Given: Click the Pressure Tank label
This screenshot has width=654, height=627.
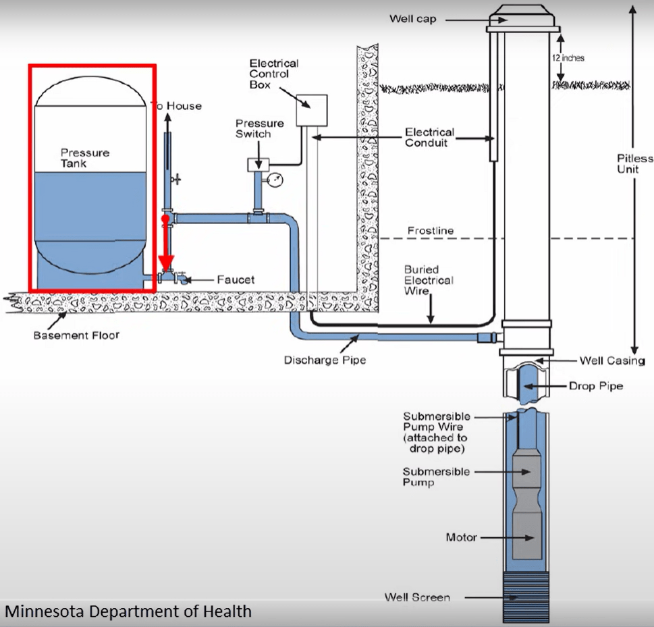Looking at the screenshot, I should click(x=85, y=158).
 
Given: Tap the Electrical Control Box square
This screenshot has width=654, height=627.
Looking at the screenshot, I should click(x=311, y=110).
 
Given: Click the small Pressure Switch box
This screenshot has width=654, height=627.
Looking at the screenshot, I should click(x=258, y=164).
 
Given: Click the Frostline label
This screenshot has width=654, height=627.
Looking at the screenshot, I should click(x=431, y=231).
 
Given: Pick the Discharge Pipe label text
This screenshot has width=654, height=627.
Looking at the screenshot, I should click(x=325, y=360).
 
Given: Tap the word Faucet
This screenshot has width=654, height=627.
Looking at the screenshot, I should click(x=236, y=279).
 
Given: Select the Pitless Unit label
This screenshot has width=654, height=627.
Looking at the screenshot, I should click(x=635, y=164).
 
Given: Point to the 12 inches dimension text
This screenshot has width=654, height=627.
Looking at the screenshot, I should click(x=568, y=58).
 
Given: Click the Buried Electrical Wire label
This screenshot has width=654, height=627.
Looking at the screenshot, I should click(x=429, y=280).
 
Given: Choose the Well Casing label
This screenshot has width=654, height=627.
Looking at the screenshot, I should click(x=612, y=360).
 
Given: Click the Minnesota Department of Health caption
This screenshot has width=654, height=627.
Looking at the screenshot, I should click(x=128, y=611).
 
